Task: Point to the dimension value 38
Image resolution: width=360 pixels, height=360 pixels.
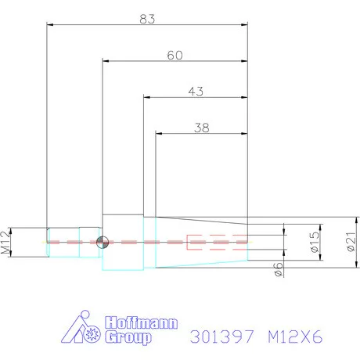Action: tap(202, 126)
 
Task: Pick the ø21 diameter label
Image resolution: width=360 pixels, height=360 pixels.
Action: tap(351, 243)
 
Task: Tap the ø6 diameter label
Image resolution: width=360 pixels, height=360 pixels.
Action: tap(279, 269)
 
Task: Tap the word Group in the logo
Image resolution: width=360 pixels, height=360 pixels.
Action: tap(128, 339)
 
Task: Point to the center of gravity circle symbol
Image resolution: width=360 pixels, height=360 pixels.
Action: tap(101, 243)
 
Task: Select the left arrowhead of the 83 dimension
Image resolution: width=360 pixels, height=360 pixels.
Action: tap(51, 24)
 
